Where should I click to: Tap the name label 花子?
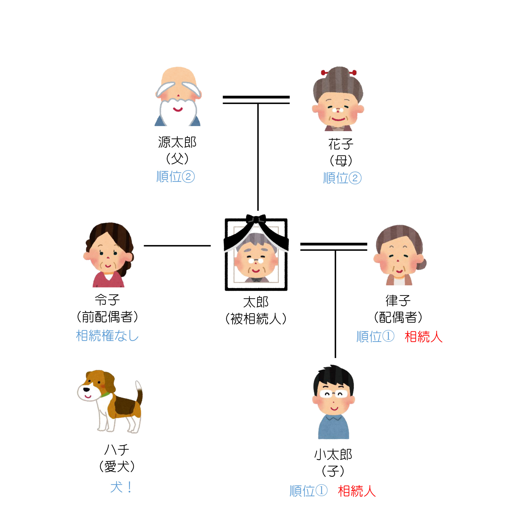pyautogui.click(x=341, y=144)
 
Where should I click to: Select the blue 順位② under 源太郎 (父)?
pyautogui.click(x=176, y=177)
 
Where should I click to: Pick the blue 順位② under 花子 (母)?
pyautogui.click(x=342, y=178)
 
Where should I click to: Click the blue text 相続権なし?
pyautogui.click(x=107, y=336)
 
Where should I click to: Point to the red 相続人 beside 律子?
pyautogui.click(x=424, y=337)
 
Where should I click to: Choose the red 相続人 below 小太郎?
pyautogui.click(x=357, y=491)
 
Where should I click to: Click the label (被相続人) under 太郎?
pyautogui.click(x=256, y=319)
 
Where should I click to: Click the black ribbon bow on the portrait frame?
pyautogui.click(x=256, y=219)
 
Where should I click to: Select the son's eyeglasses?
pyautogui.click(x=334, y=394)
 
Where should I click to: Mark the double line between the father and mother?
pyautogui.click(x=256, y=100)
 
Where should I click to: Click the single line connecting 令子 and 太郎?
pyautogui.click(x=177, y=246)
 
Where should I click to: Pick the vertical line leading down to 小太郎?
pyautogui.click(x=335, y=304)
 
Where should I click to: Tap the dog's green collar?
pyautogui.click(x=106, y=394)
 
